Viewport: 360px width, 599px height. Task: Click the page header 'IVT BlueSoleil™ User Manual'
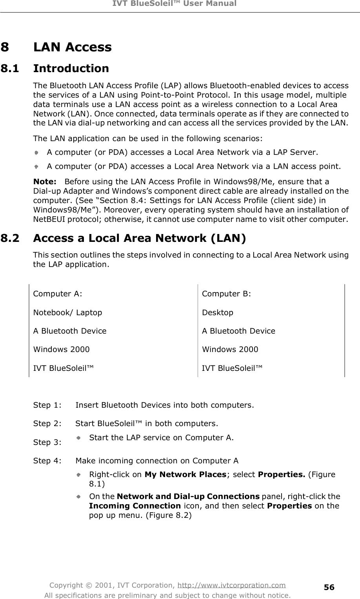pos(180,4)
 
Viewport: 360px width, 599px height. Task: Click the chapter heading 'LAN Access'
pos(73,47)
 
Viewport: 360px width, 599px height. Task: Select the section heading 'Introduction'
pos(71,69)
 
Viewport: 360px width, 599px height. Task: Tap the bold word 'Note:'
pos(44,182)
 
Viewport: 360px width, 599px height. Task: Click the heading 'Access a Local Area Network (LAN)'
pos(140,238)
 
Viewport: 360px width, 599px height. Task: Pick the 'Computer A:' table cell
pos(58,294)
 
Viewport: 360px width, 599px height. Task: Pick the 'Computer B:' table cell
pos(227,294)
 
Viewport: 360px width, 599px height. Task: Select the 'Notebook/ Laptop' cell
pos(68,312)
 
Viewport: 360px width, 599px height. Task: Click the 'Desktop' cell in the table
pos(218,312)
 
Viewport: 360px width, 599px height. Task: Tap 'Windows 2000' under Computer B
pos(230,349)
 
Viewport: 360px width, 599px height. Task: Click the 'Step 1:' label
pos(47,405)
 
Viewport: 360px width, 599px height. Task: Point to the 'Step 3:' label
pos(47,443)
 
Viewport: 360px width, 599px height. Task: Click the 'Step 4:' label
pos(47,461)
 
